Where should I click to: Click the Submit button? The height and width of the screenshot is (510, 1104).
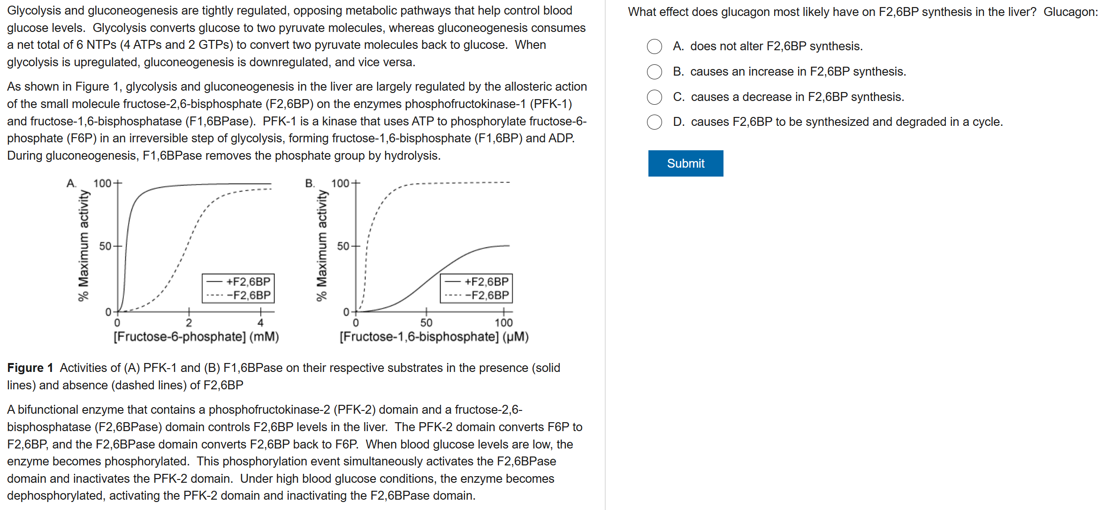685,163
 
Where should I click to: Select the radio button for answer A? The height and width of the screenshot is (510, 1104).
654,46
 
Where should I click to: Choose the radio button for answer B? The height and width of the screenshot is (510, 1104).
654,72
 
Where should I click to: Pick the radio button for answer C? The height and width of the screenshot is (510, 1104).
654,97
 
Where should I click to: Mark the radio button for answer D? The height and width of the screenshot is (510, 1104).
654,122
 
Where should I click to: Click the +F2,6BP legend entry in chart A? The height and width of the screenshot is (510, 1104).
239,282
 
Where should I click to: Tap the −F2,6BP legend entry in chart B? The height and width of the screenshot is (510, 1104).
478,295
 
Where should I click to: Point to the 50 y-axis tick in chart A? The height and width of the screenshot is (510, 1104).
105,246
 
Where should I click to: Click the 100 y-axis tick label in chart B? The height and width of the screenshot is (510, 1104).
340,183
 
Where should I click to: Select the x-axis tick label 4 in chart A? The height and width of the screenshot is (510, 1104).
260,323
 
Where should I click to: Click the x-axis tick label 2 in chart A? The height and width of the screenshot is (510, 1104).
189,323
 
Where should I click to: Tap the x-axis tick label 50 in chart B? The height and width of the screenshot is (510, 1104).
426,323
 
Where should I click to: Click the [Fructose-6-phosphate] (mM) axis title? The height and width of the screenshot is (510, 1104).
196,337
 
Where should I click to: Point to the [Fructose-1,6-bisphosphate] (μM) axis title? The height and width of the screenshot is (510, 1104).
434,337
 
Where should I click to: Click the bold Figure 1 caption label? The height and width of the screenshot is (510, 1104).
30,368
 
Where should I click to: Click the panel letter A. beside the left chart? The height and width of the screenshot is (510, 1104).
71,183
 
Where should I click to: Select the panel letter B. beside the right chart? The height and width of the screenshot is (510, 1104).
310,183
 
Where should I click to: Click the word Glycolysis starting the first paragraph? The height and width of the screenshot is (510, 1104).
34,10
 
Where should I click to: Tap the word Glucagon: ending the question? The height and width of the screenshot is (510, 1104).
1071,12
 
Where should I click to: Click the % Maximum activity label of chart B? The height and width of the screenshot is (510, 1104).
321,245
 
